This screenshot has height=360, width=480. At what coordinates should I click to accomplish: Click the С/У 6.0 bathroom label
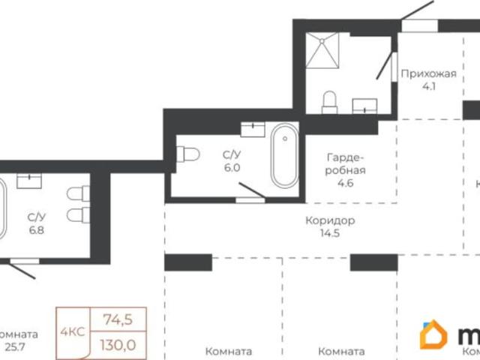[x=232, y=160]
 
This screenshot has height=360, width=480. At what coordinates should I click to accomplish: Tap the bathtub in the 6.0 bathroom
[x=284, y=157]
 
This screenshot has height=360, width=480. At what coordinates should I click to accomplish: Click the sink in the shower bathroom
[x=365, y=106]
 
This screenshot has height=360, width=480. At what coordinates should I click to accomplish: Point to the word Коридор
[x=330, y=221]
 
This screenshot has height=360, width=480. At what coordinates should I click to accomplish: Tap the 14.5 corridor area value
[x=330, y=234]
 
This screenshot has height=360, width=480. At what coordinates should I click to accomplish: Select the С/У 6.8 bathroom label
[x=36, y=223]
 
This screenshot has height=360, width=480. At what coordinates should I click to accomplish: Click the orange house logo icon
[x=433, y=336]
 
